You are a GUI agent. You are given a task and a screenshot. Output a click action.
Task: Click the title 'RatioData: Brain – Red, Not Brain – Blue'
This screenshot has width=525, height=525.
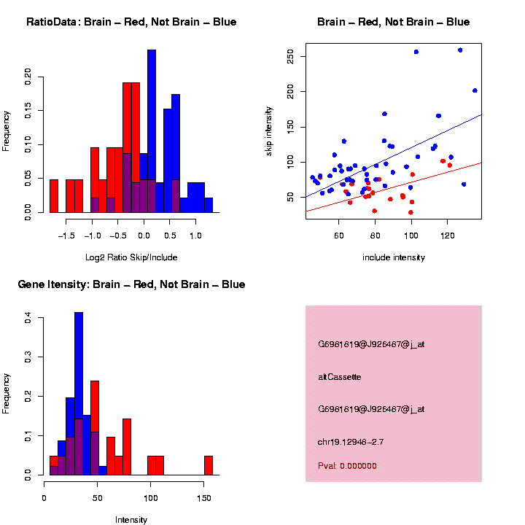(x=131, y=22)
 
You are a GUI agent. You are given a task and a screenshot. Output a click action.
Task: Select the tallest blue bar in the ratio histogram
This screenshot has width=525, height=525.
(x=152, y=131)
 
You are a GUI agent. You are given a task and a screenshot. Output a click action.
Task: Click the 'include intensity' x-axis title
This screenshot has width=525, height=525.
(x=394, y=257)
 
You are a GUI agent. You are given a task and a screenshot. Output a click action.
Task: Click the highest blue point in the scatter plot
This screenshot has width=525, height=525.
(x=460, y=50)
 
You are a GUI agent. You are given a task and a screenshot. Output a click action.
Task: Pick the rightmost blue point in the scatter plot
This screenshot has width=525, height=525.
(x=475, y=90)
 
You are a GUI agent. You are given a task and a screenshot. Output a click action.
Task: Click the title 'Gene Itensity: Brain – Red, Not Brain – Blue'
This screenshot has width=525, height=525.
(x=131, y=284)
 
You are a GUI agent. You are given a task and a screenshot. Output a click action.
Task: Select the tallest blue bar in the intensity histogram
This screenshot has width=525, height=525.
(x=79, y=394)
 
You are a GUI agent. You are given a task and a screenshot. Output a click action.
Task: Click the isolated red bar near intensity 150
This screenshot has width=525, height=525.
(x=209, y=465)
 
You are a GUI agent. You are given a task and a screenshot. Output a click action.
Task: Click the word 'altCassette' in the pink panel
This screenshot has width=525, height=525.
(x=339, y=377)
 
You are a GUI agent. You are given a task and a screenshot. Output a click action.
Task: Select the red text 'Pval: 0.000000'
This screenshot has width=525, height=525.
(x=347, y=466)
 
